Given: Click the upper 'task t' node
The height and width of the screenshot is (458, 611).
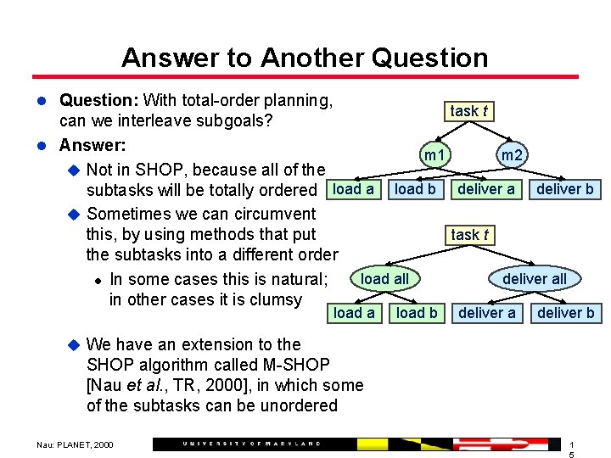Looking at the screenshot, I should click(469, 111).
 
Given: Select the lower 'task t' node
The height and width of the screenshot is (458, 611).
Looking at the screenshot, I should click(469, 235).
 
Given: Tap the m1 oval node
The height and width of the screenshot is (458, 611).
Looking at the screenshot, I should click(435, 156).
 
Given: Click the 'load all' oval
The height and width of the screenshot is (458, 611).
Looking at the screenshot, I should click(384, 279).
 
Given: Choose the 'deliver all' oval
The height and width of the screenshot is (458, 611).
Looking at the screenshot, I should click(535, 279).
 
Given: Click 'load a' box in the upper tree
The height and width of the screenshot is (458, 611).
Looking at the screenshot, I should click(354, 189).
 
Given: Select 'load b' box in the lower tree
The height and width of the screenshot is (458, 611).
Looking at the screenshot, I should click(417, 313).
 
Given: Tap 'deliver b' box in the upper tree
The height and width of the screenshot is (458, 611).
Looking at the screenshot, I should click(564, 189).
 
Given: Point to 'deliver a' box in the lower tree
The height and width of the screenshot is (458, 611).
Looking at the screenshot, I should click(486, 313).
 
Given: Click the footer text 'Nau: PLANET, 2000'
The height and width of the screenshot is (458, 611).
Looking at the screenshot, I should click(74, 444).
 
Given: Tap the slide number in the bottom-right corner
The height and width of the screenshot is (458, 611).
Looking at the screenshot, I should click(572, 450).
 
